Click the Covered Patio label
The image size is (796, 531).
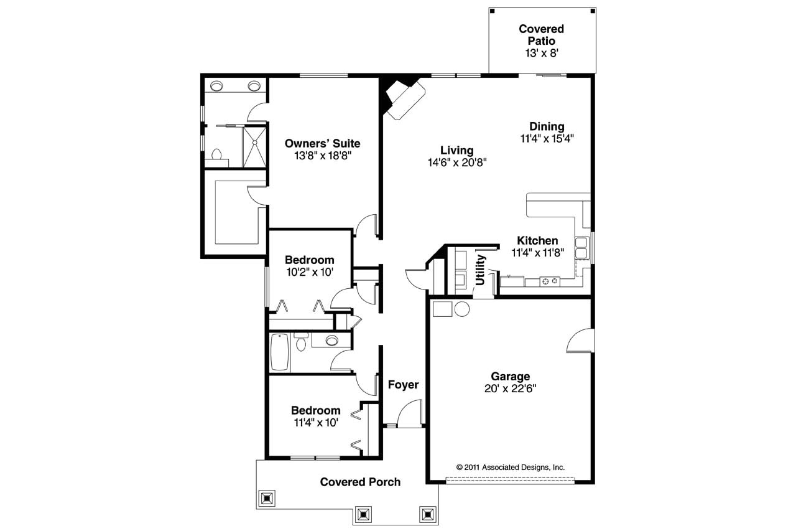(541, 35)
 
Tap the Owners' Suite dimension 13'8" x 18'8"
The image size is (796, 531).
(323, 156)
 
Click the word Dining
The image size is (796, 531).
(547, 127)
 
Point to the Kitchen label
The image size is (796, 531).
(537, 241)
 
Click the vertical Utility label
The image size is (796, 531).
(480, 270)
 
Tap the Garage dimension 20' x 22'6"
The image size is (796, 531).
(510, 388)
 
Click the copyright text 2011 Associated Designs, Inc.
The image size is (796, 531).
(510, 467)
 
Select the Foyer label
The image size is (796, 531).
(403, 385)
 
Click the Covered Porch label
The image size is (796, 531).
(360, 482)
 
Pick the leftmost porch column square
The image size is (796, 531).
(267, 498)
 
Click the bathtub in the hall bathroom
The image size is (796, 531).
(280, 353)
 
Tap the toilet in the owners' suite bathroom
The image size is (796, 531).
(217, 154)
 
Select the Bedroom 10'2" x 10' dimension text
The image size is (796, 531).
(310, 271)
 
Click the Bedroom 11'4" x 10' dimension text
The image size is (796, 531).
(316, 422)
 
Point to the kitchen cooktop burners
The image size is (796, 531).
(549, 281)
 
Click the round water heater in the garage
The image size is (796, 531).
(461, 309)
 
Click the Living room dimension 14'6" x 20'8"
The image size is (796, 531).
(456, 162)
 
